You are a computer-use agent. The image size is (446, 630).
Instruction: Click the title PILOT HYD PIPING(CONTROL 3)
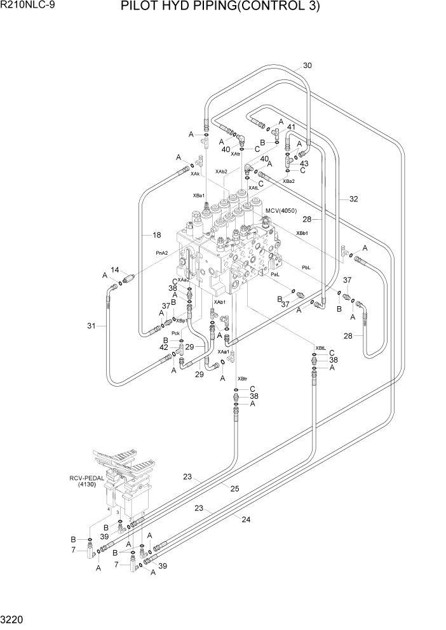(x=228, y=8)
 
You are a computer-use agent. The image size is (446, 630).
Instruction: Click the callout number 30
(x=307, y=65)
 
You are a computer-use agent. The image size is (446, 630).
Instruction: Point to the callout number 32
(x=353, y=199)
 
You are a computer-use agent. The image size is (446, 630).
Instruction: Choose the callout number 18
(x=156, y=235)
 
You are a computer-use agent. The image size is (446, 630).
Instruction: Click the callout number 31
(x=91, y=326)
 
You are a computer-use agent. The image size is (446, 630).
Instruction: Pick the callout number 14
(x=115, y=270)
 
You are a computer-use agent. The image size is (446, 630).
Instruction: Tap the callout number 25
(x=234, y=488)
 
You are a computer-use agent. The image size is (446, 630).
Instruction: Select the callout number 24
(x=246, y=519)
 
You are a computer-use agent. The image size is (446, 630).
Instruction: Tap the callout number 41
(x=291, y=127)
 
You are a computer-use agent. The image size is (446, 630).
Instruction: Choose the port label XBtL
(x=321, y=348)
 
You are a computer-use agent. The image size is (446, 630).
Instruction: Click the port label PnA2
(x=162, y=252)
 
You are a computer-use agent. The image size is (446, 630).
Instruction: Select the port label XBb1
(x=302, y=233)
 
